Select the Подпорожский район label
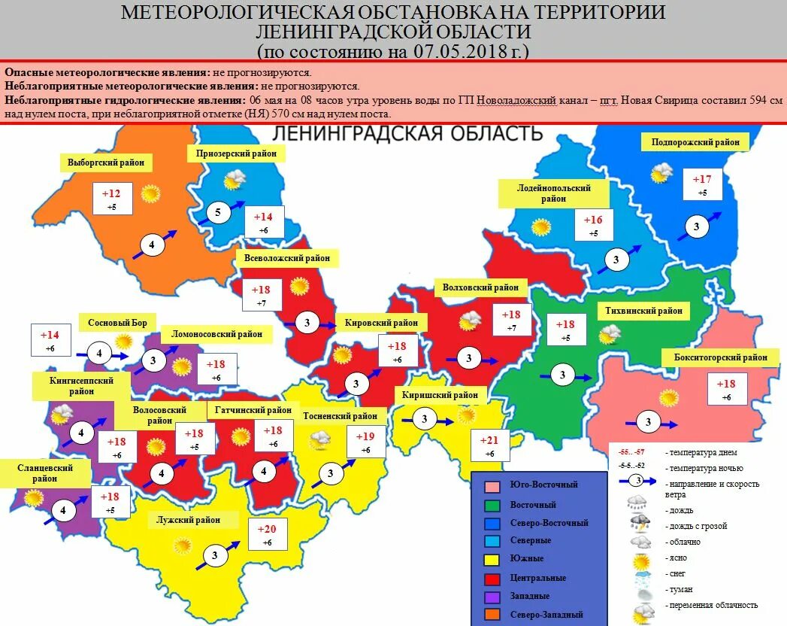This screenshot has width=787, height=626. tap(695, 141)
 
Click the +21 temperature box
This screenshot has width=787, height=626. tap(484, 445)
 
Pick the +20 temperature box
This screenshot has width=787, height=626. tap(266, 534)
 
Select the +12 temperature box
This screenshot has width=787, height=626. tap(111, 198)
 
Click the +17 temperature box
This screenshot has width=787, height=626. tap(702, 184)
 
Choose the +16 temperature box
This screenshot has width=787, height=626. tap(594, 225)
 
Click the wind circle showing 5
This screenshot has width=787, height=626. tap(218, 213)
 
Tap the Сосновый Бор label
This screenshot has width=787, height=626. tap(117, 323)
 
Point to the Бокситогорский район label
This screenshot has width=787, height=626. tap(715, 357)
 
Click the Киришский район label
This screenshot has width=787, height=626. tap(440, 394)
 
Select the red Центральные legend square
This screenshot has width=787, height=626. tap(492, 578)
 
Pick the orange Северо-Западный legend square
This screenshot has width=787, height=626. tap(492, 614)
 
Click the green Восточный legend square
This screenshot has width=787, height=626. tap(492, 505)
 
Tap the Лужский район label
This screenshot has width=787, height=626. tap(188, 520)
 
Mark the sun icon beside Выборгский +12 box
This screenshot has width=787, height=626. tap(151, 193)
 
